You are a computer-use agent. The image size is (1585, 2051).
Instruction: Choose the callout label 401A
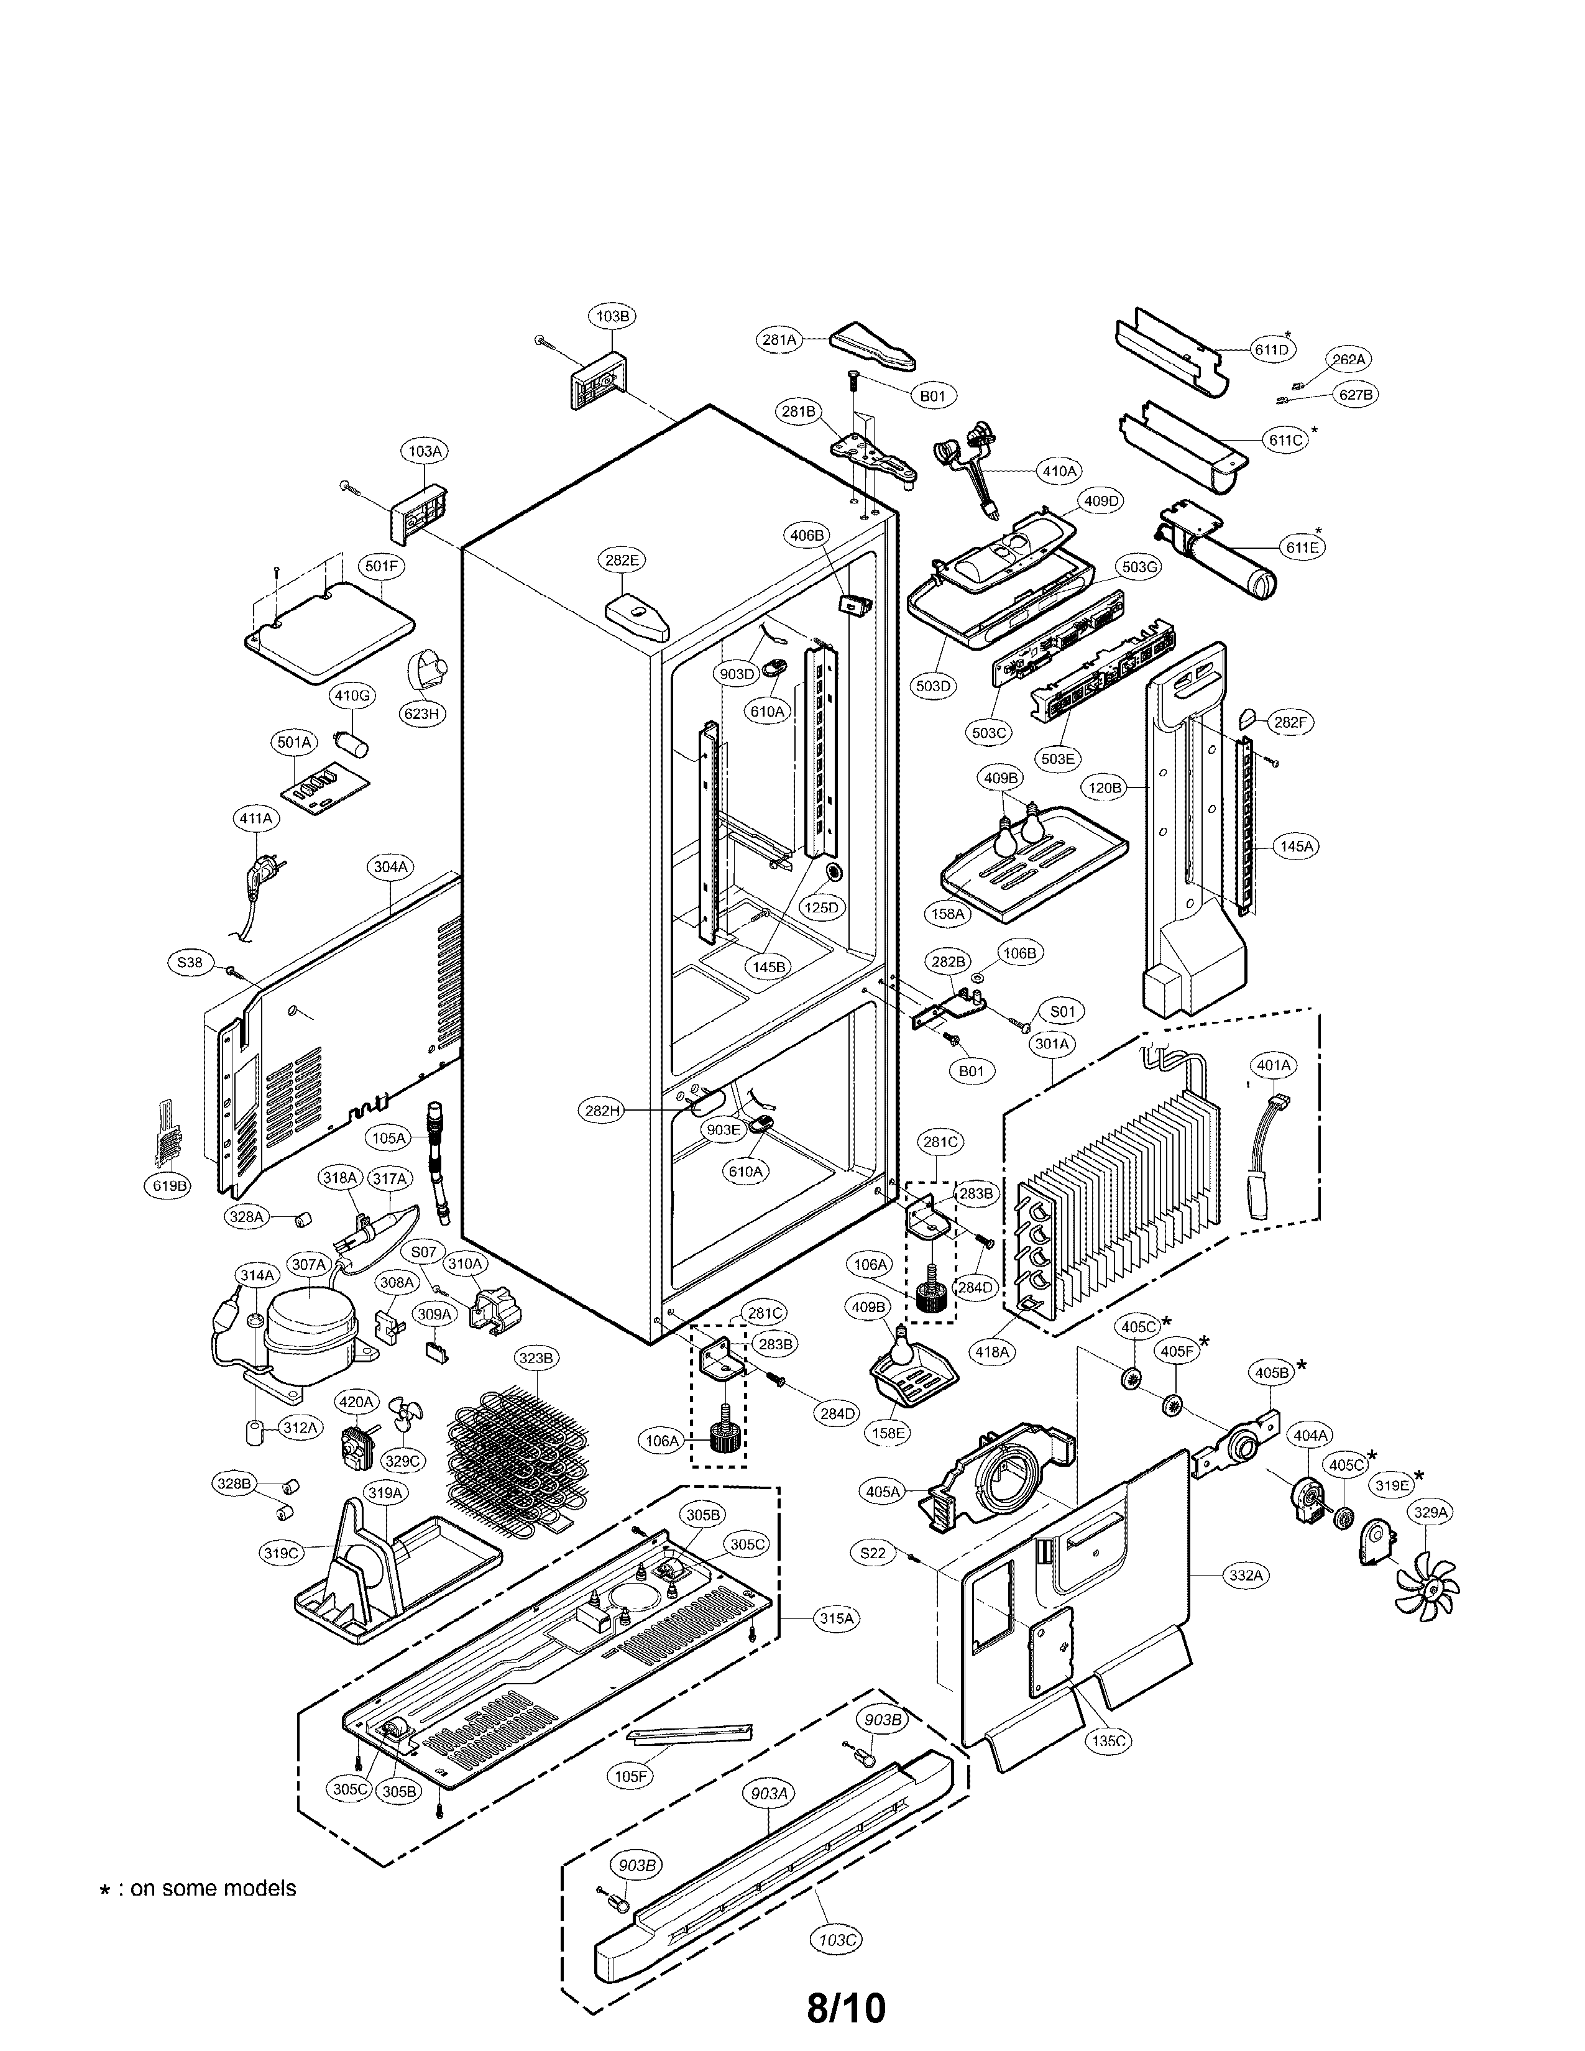(x=1274, y=1065)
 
